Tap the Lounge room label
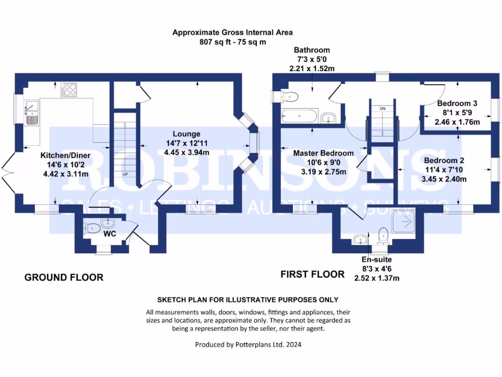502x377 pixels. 186,134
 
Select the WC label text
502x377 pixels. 109,234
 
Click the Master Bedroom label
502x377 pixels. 323,153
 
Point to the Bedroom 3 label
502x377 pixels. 457,104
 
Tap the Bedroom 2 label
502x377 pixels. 444,161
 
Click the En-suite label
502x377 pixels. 377,259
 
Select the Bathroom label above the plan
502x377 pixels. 312,50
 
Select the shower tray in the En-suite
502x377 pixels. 405,223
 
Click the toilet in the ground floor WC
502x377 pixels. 92,228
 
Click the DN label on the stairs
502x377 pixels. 382,108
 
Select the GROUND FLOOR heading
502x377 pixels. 64,277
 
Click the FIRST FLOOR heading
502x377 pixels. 312,274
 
